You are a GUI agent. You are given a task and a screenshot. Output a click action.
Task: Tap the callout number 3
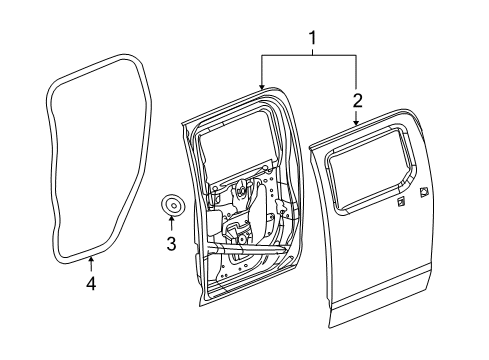coord(171,243)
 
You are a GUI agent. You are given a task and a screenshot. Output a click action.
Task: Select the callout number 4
coord(91,284)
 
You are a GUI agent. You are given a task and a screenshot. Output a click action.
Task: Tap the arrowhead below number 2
coord(358,121)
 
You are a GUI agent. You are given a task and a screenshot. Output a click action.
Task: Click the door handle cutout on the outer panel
coord(424,192)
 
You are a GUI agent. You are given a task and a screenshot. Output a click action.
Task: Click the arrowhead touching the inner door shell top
coord(263,87)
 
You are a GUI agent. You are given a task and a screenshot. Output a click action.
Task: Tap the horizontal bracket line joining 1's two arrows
coord(310,56)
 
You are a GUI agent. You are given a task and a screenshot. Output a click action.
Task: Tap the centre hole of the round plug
coord(174,207)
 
